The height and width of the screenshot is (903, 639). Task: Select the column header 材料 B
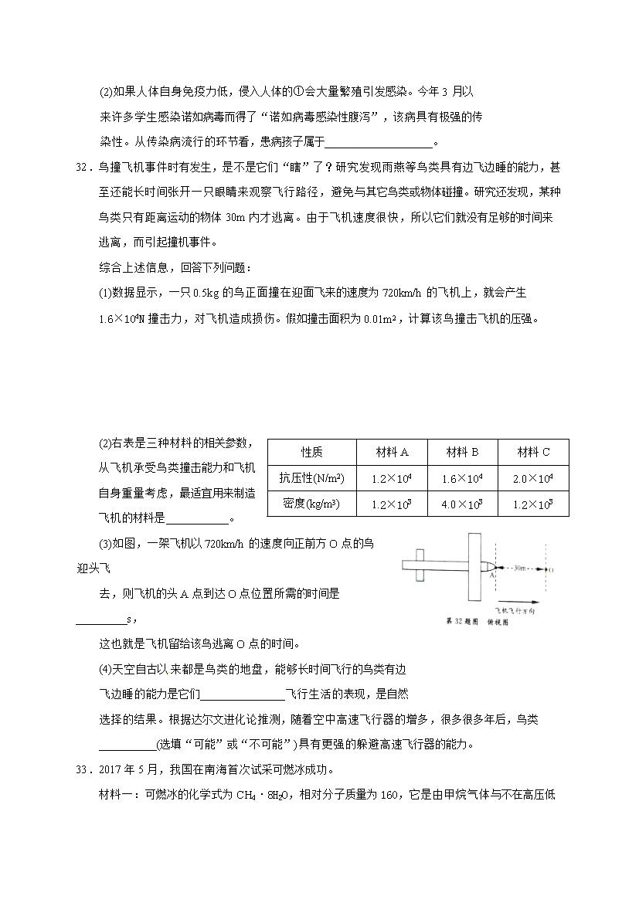(x=462, y=452)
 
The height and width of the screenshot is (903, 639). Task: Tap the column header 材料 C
(x=533, y=452)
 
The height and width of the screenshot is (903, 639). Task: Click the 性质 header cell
(x=311, y=452)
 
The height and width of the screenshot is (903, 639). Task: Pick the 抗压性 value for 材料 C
(x=533, y=478)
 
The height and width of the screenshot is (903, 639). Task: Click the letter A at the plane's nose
(x=491, y=576)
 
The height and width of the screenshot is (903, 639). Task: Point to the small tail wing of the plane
(x=420, y=567)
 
